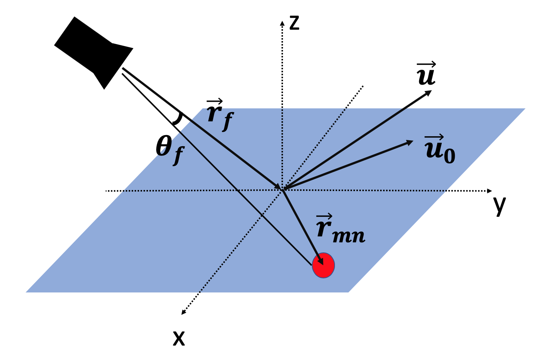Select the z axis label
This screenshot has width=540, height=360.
point(294,23)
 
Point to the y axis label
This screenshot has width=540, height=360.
point(500,205)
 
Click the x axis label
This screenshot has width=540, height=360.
point(179,338)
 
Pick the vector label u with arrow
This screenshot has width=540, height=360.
point(427,74)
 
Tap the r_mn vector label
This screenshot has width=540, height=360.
point(340,229)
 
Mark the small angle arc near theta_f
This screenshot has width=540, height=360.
point(178,118)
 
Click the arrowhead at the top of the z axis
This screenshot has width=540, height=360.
point(282,23)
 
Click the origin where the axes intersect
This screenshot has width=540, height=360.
point(283,190)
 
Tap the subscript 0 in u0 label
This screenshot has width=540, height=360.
point(450,156)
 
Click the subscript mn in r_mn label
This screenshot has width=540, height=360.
point(349,236)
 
